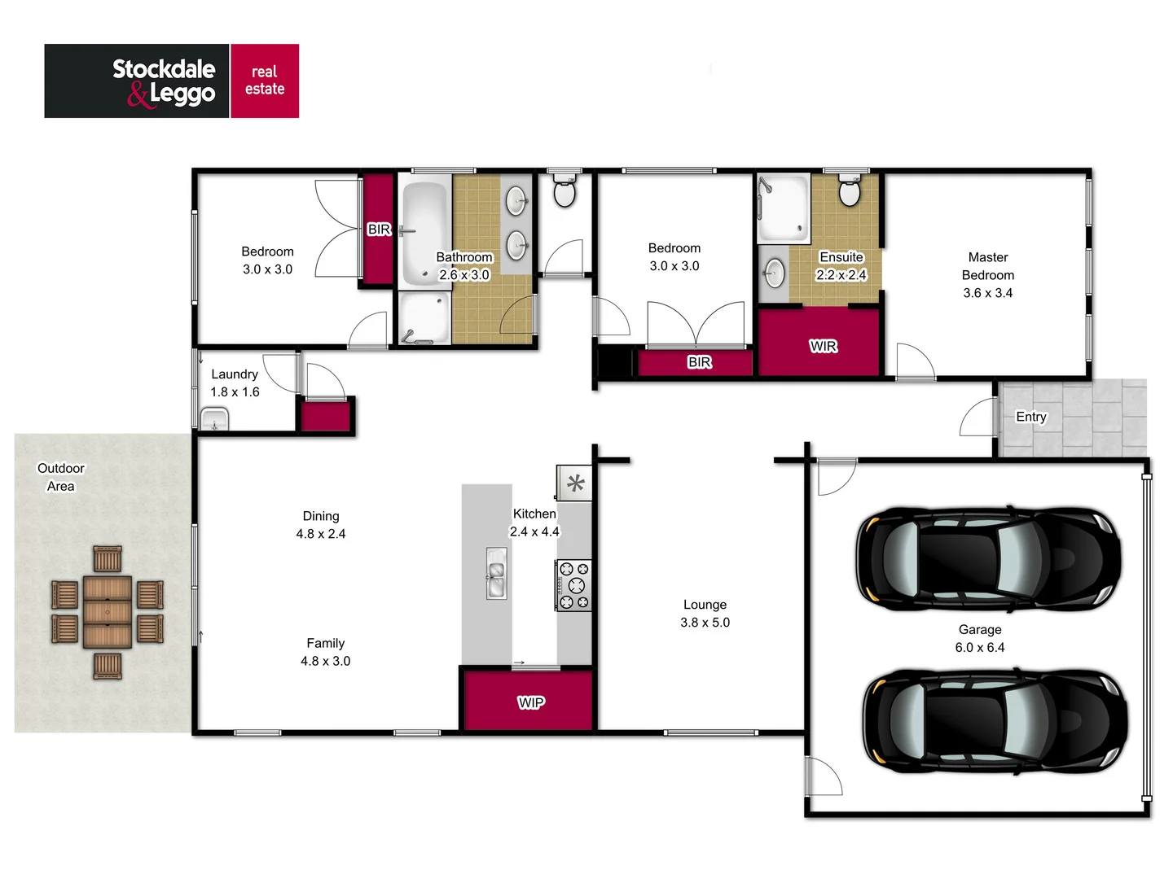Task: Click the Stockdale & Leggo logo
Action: [137, 81]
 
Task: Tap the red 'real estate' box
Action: [265, 81]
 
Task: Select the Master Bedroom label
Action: [987, 266]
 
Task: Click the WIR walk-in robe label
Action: [823, 346]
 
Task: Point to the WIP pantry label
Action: [530, 702]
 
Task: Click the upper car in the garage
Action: [987, 559]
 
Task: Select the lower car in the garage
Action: [994, 721]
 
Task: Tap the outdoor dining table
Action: [108, 612]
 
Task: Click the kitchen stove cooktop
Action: [573, 585]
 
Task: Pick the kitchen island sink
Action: [495, 574]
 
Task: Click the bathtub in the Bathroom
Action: [424, 232]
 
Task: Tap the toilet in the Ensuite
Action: [850, 192]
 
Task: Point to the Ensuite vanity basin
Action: [775, 273]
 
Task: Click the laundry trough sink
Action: [214, 421]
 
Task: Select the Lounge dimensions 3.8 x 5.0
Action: [705, 623]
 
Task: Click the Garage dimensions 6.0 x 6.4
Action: [979, 648]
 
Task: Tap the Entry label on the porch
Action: [1030, 417]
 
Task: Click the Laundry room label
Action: [235, 374]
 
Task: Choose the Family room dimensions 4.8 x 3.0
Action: [325, 661]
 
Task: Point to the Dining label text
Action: [321, 516]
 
